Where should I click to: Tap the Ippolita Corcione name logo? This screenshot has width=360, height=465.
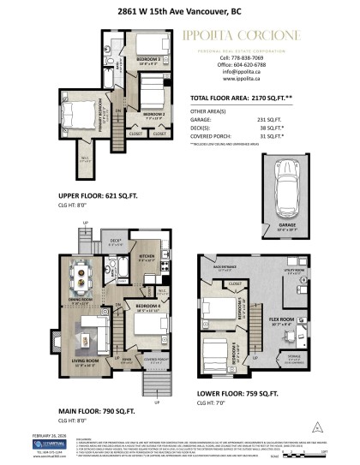tap(251, 35)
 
